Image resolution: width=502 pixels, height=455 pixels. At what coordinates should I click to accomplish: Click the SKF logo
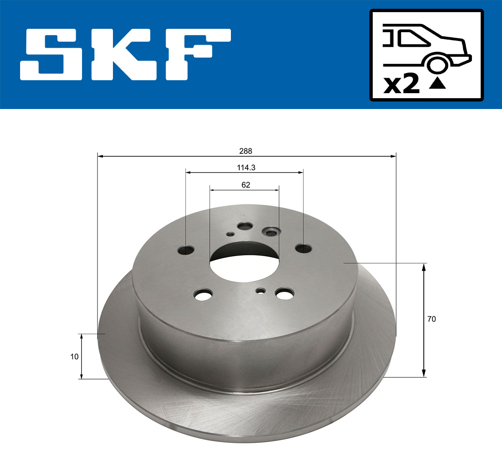pos(125,54)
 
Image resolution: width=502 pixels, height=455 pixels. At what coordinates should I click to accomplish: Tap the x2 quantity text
pos(401,84)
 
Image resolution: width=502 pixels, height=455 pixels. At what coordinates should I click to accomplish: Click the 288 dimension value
pos(246,151)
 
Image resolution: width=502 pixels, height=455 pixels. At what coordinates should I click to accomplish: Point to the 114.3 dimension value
pos(246,168)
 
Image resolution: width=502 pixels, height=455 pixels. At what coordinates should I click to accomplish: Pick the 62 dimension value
pos(246,185)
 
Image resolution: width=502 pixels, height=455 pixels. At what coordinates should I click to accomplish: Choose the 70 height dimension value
pos(431,319)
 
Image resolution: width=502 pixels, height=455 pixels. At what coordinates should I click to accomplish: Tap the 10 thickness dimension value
pos(74,357)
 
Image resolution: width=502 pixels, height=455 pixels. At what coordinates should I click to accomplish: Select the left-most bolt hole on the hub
pos(186,250)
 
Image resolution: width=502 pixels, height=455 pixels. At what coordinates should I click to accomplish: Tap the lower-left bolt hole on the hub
pos(204,295)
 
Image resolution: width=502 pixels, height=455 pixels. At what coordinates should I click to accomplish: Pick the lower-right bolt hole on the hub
pos(285,294)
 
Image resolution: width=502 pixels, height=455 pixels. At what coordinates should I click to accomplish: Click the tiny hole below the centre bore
pos(261,290)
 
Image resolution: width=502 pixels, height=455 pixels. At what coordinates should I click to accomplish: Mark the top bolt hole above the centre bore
pos(244,226)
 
